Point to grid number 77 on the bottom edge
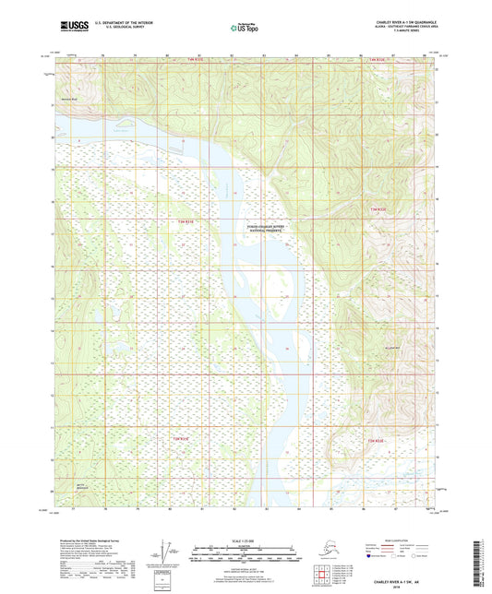71,508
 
